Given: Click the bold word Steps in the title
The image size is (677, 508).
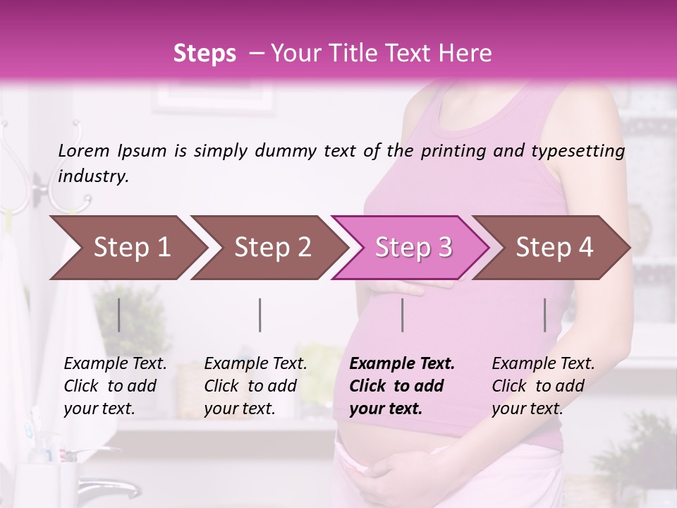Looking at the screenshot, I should click(205, 54).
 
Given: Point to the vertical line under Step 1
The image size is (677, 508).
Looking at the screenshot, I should click(118, 315).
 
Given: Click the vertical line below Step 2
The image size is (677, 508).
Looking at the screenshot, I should click(260, 315).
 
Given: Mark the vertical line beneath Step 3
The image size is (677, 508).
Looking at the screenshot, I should click(402, 315).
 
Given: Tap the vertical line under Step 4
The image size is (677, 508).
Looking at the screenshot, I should click(544, 315).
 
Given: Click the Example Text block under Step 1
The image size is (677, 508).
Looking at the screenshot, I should click(114, 386).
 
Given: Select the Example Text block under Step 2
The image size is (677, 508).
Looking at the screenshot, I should click(255, 386).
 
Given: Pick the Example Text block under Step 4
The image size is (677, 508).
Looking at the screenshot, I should click(542, 386).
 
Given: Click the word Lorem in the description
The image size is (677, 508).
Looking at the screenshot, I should click(83, 151).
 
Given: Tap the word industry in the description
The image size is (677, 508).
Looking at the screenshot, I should click(92, 176).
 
